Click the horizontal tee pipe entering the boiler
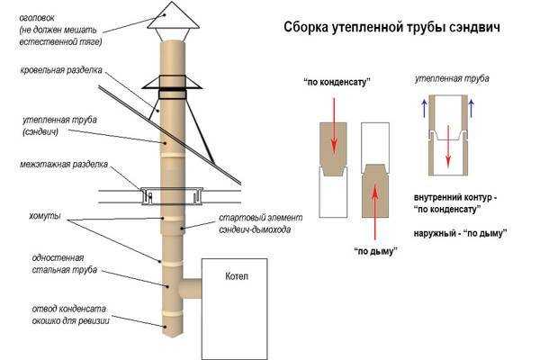pos(191,291)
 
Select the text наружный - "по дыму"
pos(459,232)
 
